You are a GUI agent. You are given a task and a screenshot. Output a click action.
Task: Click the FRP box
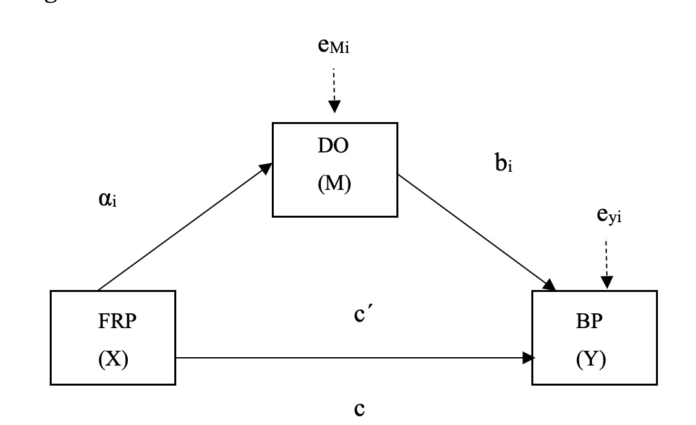pos(113,338)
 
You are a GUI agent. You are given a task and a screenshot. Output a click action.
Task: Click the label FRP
pos(114,323)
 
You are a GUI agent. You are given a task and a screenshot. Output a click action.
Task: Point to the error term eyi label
pos(609,216)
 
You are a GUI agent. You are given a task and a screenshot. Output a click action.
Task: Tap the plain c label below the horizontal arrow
pos(362,409)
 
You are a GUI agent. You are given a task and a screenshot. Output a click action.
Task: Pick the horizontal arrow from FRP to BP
pos(355,357)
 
